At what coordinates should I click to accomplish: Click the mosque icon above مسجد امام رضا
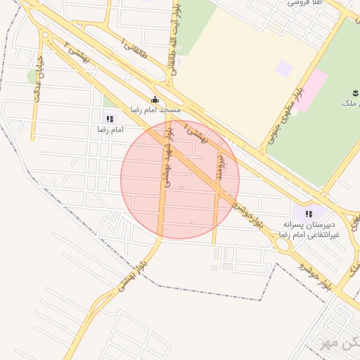(155, 99)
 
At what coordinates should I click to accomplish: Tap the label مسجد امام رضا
(155, 110)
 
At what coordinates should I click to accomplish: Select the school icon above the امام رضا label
(109, 119)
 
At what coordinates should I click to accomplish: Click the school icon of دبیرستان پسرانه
(308, 214)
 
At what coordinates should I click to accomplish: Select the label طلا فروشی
(304, 4)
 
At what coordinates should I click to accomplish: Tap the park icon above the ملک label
(353, 92)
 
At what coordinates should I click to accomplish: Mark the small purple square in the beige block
(283, 68)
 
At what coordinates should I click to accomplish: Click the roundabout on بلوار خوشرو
(284, 244)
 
